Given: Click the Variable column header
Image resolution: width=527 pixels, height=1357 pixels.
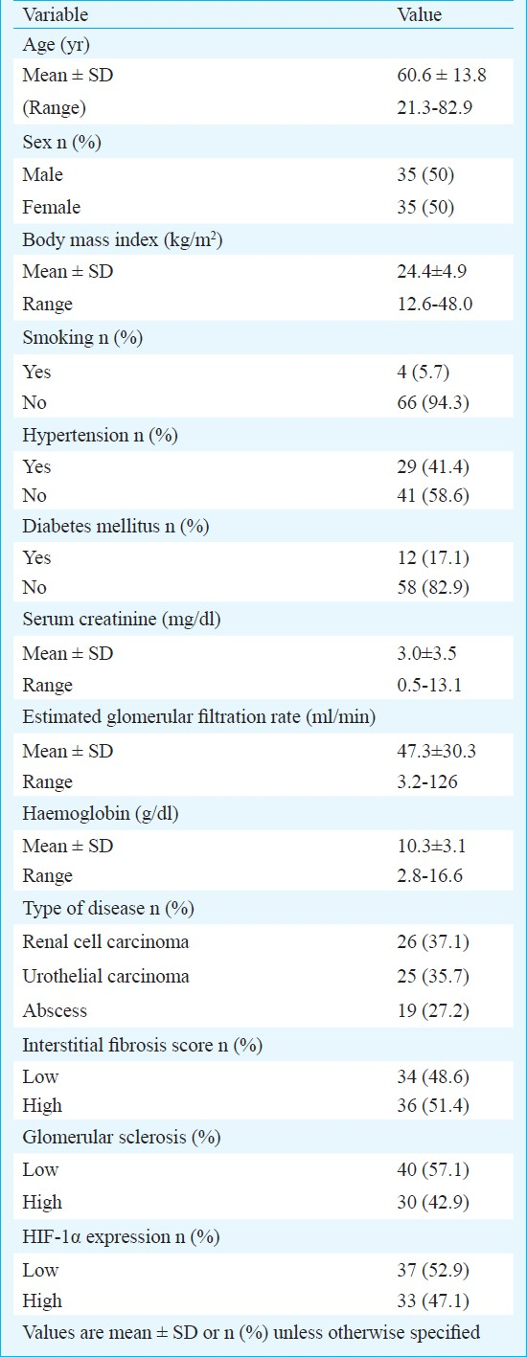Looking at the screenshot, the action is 56,14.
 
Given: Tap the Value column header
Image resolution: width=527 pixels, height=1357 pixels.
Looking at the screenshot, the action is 419,14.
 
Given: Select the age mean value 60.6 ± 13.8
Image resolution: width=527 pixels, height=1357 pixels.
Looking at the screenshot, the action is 442,75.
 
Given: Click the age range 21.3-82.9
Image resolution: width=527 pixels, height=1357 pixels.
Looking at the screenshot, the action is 434,108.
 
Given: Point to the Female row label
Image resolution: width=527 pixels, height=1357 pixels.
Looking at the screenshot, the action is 52,207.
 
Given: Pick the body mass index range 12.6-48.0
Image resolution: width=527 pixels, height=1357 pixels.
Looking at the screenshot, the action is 434,304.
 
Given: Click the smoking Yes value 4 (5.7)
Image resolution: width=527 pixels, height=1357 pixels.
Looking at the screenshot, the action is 424,372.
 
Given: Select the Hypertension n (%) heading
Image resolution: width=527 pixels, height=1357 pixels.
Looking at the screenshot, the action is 100,435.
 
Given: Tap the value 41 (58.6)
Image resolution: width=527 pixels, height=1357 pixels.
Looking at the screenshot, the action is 433,495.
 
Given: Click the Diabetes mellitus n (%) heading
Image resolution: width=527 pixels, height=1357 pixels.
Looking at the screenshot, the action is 116,526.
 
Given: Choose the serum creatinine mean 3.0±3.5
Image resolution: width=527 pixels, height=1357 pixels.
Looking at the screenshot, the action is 427,653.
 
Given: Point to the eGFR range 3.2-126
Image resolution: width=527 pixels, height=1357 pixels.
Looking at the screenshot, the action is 427,781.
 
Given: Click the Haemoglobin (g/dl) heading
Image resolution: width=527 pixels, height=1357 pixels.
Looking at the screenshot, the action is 101,813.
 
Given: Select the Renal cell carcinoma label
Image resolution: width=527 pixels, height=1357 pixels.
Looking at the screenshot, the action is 105,941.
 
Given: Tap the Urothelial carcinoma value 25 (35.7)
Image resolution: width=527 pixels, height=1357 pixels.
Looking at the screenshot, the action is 433,976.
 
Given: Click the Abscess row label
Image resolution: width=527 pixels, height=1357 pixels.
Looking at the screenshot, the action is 55,1010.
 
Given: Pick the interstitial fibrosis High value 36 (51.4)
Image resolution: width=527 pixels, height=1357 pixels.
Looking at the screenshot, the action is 433,1105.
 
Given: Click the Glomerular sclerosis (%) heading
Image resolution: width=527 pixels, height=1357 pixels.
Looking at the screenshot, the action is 122,1137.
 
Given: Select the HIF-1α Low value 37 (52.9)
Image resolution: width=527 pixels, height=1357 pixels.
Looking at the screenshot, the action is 433,1270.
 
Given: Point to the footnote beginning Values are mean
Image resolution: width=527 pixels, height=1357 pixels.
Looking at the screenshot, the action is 251,1332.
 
